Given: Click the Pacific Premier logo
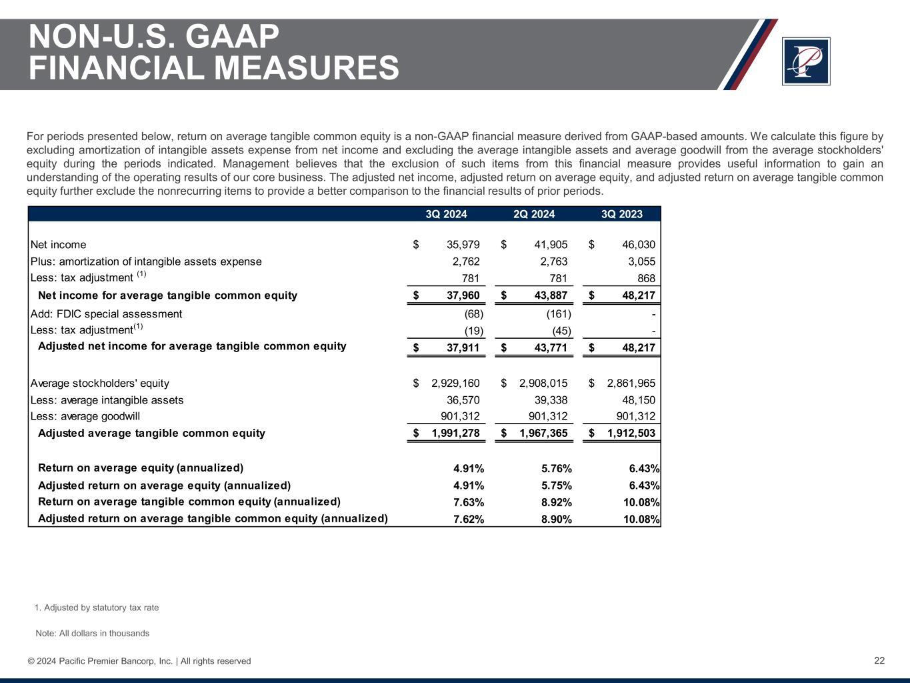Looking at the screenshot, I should tap(805, 61).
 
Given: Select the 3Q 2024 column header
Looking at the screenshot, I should tap(446, 214).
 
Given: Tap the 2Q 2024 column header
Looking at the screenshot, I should tap(534, 214).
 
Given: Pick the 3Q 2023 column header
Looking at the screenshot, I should tap(622, 214).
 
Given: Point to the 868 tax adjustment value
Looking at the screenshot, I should tap(645, 278).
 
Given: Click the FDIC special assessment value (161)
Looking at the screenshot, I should tap(558, 313).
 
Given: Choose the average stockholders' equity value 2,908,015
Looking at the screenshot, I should tap(543, 383).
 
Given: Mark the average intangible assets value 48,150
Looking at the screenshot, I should tap(638, 400).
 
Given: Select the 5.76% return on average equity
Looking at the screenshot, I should tap(557, 468).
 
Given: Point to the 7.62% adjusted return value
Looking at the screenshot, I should tap(469, 519).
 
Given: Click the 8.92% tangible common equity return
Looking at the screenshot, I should tap(557, 502).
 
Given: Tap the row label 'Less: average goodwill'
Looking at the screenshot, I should tap(85, 416).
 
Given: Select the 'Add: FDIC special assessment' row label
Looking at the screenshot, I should tap(107, 313).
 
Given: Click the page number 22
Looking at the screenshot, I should tap(879, 660).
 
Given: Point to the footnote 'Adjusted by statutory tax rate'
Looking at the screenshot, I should tap(101, 608).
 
